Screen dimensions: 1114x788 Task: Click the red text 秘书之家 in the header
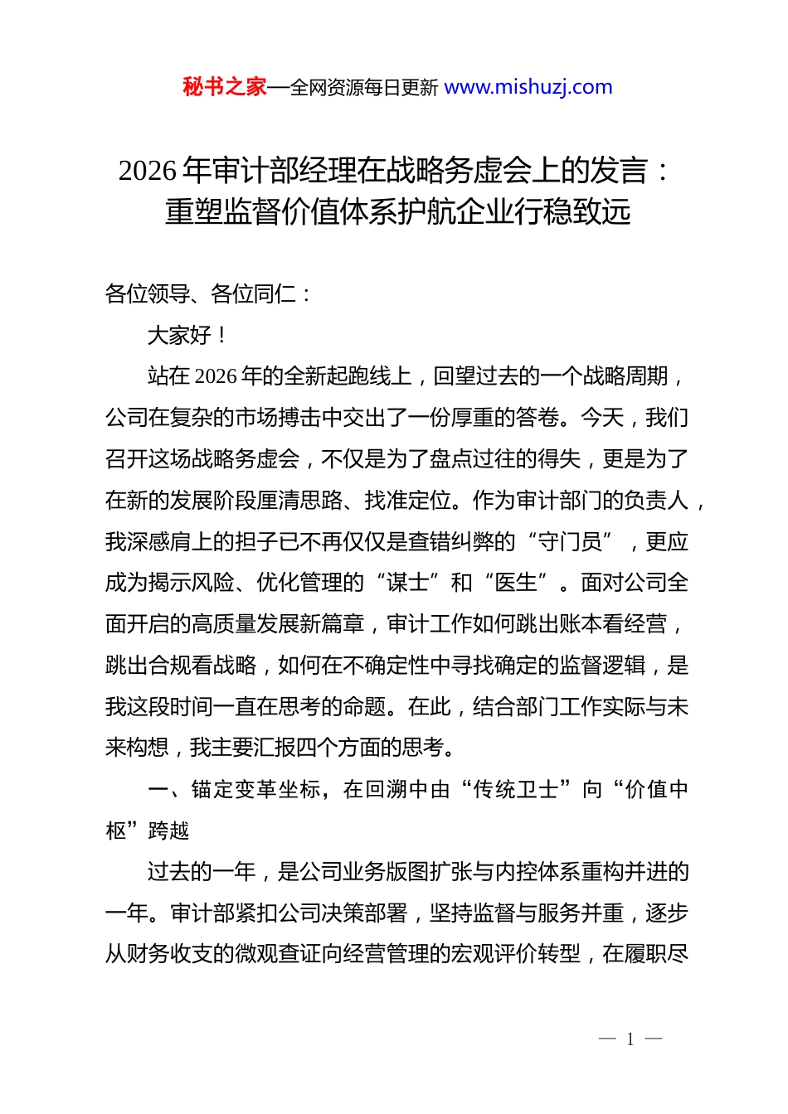click(x=225, y=87)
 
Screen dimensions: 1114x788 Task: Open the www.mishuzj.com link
click(x=528, y=87)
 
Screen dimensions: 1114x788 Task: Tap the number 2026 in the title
click(x=148, y=171)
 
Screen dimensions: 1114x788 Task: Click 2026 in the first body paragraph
click(x=216, y=376)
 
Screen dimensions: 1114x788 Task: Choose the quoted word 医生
click(x=515, y=583)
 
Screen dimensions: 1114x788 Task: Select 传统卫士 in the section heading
click(x=515, y=789)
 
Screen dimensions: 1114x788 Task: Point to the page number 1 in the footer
click(x=630, y=1039)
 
